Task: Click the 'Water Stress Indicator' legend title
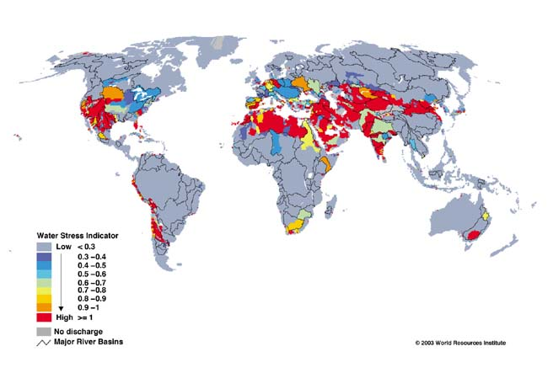76,235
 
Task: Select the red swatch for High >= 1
44,318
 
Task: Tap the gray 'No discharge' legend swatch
44,331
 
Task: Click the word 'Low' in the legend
62,245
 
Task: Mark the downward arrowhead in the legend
61,309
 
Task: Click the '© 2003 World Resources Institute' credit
460,343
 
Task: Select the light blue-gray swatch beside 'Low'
44,246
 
